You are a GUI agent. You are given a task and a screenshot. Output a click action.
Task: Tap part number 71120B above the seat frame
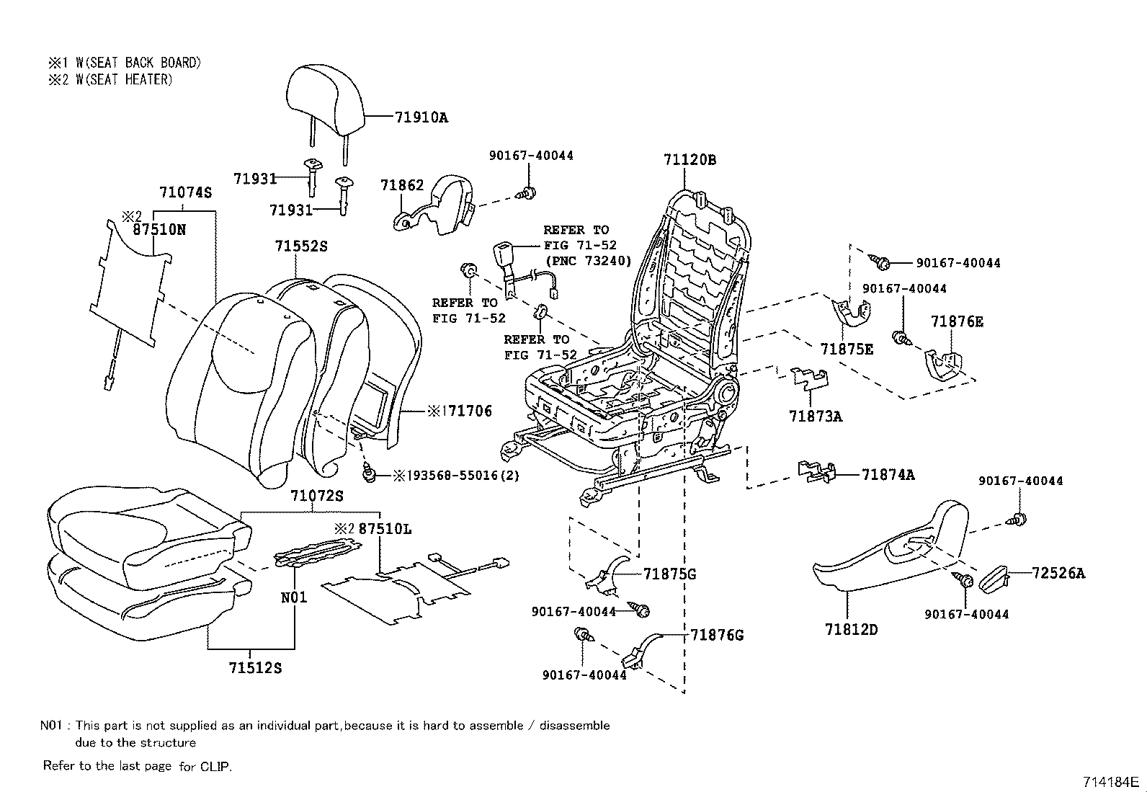coord(689,160)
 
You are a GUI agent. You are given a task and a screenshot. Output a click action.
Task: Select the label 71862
coord(402,185)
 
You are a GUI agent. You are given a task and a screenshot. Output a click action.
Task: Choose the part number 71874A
coord(888,474)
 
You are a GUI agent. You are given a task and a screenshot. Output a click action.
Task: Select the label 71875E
coord(847,350)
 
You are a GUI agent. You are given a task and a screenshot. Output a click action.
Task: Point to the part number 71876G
coord(716,635)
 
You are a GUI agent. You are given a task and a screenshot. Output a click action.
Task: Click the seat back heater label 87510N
coord(159,229)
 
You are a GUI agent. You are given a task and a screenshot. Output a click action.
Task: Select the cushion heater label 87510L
coord(385,528)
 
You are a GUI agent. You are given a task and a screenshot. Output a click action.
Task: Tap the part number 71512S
coord(255,668)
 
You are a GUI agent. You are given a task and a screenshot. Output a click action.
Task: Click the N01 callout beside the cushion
coord(293,597)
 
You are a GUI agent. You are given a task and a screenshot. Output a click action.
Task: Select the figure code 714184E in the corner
coord(1109,781)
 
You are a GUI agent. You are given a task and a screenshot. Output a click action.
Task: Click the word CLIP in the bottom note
coord(215,766)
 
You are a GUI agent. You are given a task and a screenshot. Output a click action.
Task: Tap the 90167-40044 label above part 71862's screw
coord(531,155)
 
